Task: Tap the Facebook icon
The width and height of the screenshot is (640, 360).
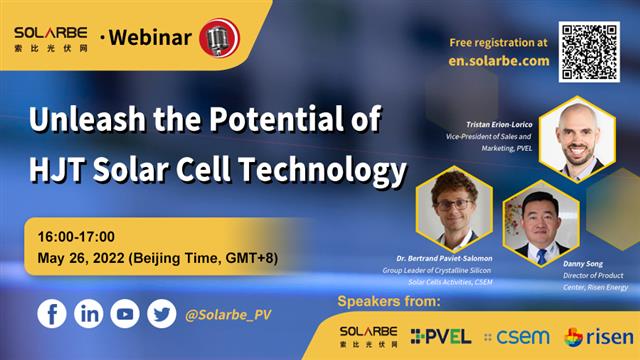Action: click(52, 313)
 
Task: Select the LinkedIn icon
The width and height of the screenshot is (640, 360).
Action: click(89, 313)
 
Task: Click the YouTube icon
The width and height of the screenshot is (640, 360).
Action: click(125, 313)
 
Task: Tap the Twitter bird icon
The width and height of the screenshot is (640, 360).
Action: click(161, 313)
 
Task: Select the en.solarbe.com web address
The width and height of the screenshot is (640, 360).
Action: click(498, 60)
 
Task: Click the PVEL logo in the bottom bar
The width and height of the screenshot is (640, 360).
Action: click(440, 336)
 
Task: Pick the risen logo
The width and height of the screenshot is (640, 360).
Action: click(598, 336)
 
